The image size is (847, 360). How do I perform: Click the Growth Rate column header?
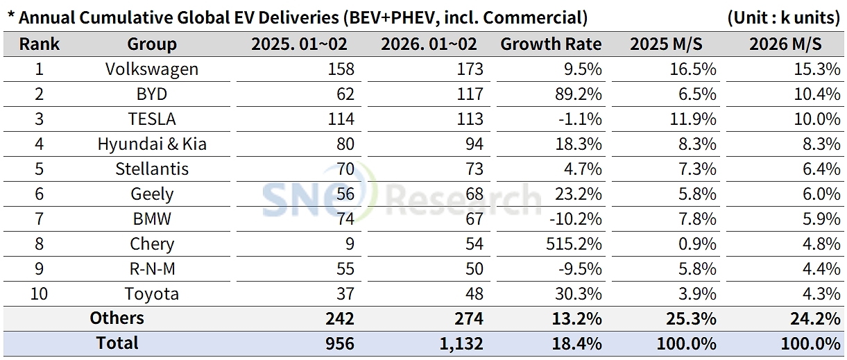551,44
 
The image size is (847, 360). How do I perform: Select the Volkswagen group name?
152,69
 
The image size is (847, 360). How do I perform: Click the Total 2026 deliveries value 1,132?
455,343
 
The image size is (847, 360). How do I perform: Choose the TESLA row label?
152,119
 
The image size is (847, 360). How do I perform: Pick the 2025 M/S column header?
666,44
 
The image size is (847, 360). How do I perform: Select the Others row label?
117,318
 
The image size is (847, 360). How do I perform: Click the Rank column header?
39,44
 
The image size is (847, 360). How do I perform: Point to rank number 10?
39,294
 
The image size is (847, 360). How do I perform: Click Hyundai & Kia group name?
152,144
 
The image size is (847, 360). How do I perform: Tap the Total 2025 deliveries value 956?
340,343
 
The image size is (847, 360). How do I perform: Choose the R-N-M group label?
152,269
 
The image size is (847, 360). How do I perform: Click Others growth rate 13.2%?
578,318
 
